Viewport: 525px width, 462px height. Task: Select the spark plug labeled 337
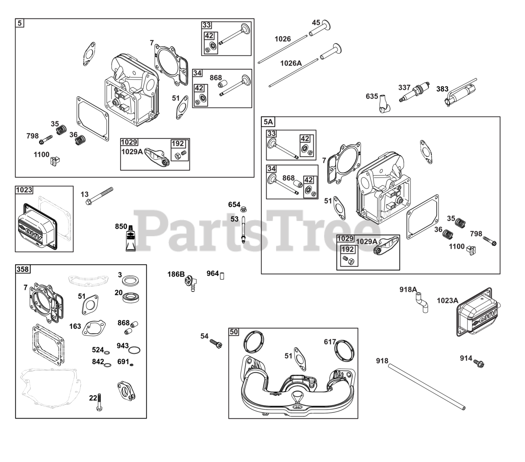[x=414, y=92]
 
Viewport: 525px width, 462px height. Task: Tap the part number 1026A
[x=291, y=63]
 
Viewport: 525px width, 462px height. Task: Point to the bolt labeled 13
[x=100, y=196]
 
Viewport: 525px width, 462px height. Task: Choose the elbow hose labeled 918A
[x=422, y=303]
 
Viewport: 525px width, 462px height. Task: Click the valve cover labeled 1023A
[x=478, y=312]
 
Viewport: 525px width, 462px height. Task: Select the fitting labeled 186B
[x=191, y=283]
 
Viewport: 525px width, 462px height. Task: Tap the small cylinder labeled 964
[x=222, y=276]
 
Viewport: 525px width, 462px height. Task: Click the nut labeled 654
[x=243, y=209]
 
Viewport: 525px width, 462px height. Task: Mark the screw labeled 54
[x=216, y=344]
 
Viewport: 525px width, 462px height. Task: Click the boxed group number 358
[x=23, y=269]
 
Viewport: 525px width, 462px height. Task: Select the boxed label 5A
[x=268, y=122]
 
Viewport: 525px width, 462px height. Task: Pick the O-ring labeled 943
[x=135, y=350]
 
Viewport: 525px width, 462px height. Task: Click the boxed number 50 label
[x=234, y=332]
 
